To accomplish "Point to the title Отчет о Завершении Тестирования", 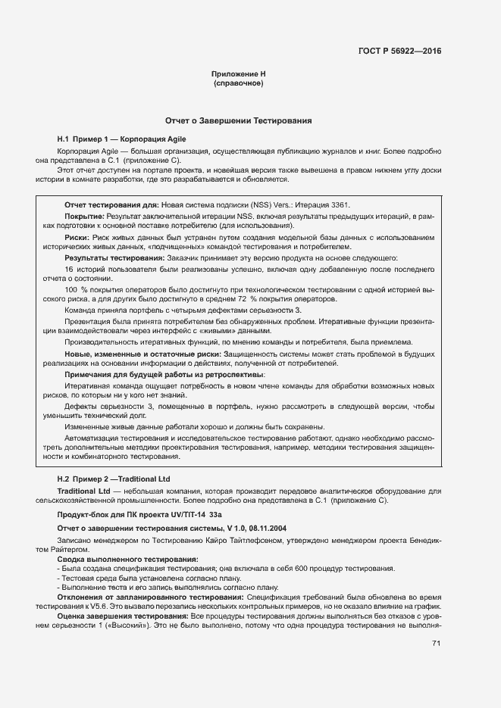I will (238, 121).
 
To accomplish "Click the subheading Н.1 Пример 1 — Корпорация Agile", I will (121, 139).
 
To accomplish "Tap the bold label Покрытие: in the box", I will (86, 217).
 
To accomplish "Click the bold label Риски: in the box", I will (78, 238).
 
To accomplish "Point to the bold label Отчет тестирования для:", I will (111, 205).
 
